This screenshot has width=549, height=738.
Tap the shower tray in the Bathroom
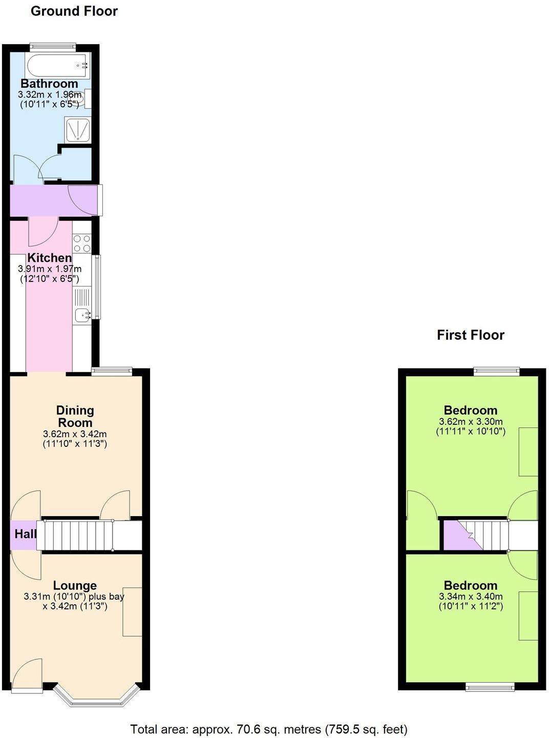click(x=77, y=129)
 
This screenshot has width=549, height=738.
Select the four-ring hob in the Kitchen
click(x=81, y=243)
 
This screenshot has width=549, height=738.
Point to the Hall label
click(x=25, y=534)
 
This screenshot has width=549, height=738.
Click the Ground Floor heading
click(x=74, y=11)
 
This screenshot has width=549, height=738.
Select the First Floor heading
click(x=470, y=335)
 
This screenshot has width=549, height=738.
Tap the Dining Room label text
click(x=75, y=417)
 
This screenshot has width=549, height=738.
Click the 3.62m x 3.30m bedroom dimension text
click(x=471, y=422)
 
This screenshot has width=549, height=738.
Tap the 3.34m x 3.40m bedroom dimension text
click(x=471, y=597)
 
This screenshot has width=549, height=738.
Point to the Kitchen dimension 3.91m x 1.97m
click(x=50, y=269)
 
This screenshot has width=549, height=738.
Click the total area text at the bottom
click(x=269, y=729)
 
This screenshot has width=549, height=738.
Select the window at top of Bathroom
click(x=53, y=47)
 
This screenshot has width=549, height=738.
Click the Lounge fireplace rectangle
click(x=132, y=611)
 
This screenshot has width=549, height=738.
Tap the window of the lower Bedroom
click(x=490, y=687)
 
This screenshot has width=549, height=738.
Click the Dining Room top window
click(x=112, y=371)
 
